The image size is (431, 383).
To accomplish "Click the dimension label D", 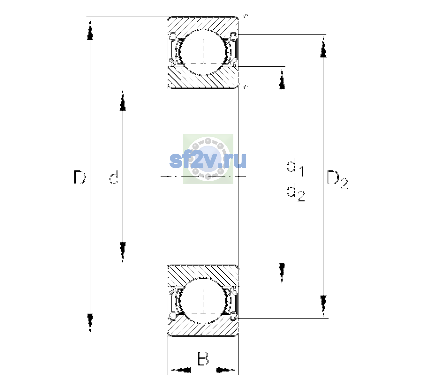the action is [x=79, y=177].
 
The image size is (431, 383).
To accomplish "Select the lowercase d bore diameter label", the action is [x=114, y=177].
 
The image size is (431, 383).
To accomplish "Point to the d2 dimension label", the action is [x=296, y=192].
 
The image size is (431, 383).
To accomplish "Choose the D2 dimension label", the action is [x=337, y=180].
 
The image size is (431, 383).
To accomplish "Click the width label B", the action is [x=203, y=358].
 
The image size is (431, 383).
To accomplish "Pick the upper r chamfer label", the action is [x=245, y=19].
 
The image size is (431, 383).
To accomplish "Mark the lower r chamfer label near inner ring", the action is [x=245, y=89].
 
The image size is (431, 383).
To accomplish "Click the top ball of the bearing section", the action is [x=203, y=52].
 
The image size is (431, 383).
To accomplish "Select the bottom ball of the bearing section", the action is [x=203, y=301].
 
